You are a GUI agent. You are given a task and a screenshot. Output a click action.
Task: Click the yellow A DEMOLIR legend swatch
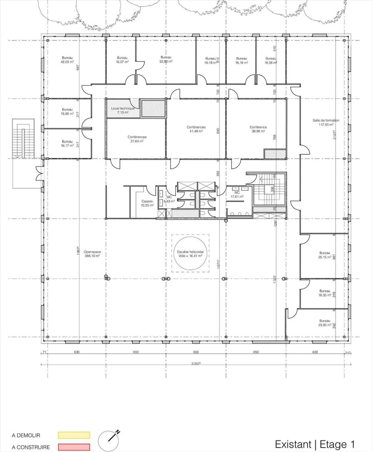point(74,435)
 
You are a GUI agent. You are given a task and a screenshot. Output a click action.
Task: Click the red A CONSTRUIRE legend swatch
point(74,447)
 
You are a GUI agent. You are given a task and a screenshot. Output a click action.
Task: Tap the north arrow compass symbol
point(109,441)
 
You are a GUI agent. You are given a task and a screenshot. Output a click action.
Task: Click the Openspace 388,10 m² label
point(92,254)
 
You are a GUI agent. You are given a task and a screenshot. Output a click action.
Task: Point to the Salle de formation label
point(326,122)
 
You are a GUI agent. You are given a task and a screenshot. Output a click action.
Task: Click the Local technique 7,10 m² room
point(123,110)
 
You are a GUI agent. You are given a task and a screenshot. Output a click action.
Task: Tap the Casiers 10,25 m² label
point(147,203)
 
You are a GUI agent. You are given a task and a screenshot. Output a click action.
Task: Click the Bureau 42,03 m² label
point(67,60)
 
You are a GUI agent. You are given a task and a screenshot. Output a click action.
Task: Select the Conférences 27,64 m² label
point(137,139)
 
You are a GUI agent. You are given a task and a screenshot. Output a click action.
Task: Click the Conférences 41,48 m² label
point(196,129)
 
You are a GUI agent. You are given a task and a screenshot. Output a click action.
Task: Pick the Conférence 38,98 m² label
point(258,129)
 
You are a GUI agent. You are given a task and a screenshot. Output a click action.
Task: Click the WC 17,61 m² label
point(237,195)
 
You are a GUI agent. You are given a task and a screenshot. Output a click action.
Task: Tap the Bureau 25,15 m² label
point(325,255)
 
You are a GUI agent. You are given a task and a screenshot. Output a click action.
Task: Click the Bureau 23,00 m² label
point(325,323)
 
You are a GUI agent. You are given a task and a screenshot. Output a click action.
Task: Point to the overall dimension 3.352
point(196,364)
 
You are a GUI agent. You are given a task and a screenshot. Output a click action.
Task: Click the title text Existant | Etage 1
point(315,444)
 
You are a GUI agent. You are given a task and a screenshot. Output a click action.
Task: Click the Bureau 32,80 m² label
point(166,59)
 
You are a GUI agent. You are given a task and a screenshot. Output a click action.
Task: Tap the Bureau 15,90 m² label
point(67,112)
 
